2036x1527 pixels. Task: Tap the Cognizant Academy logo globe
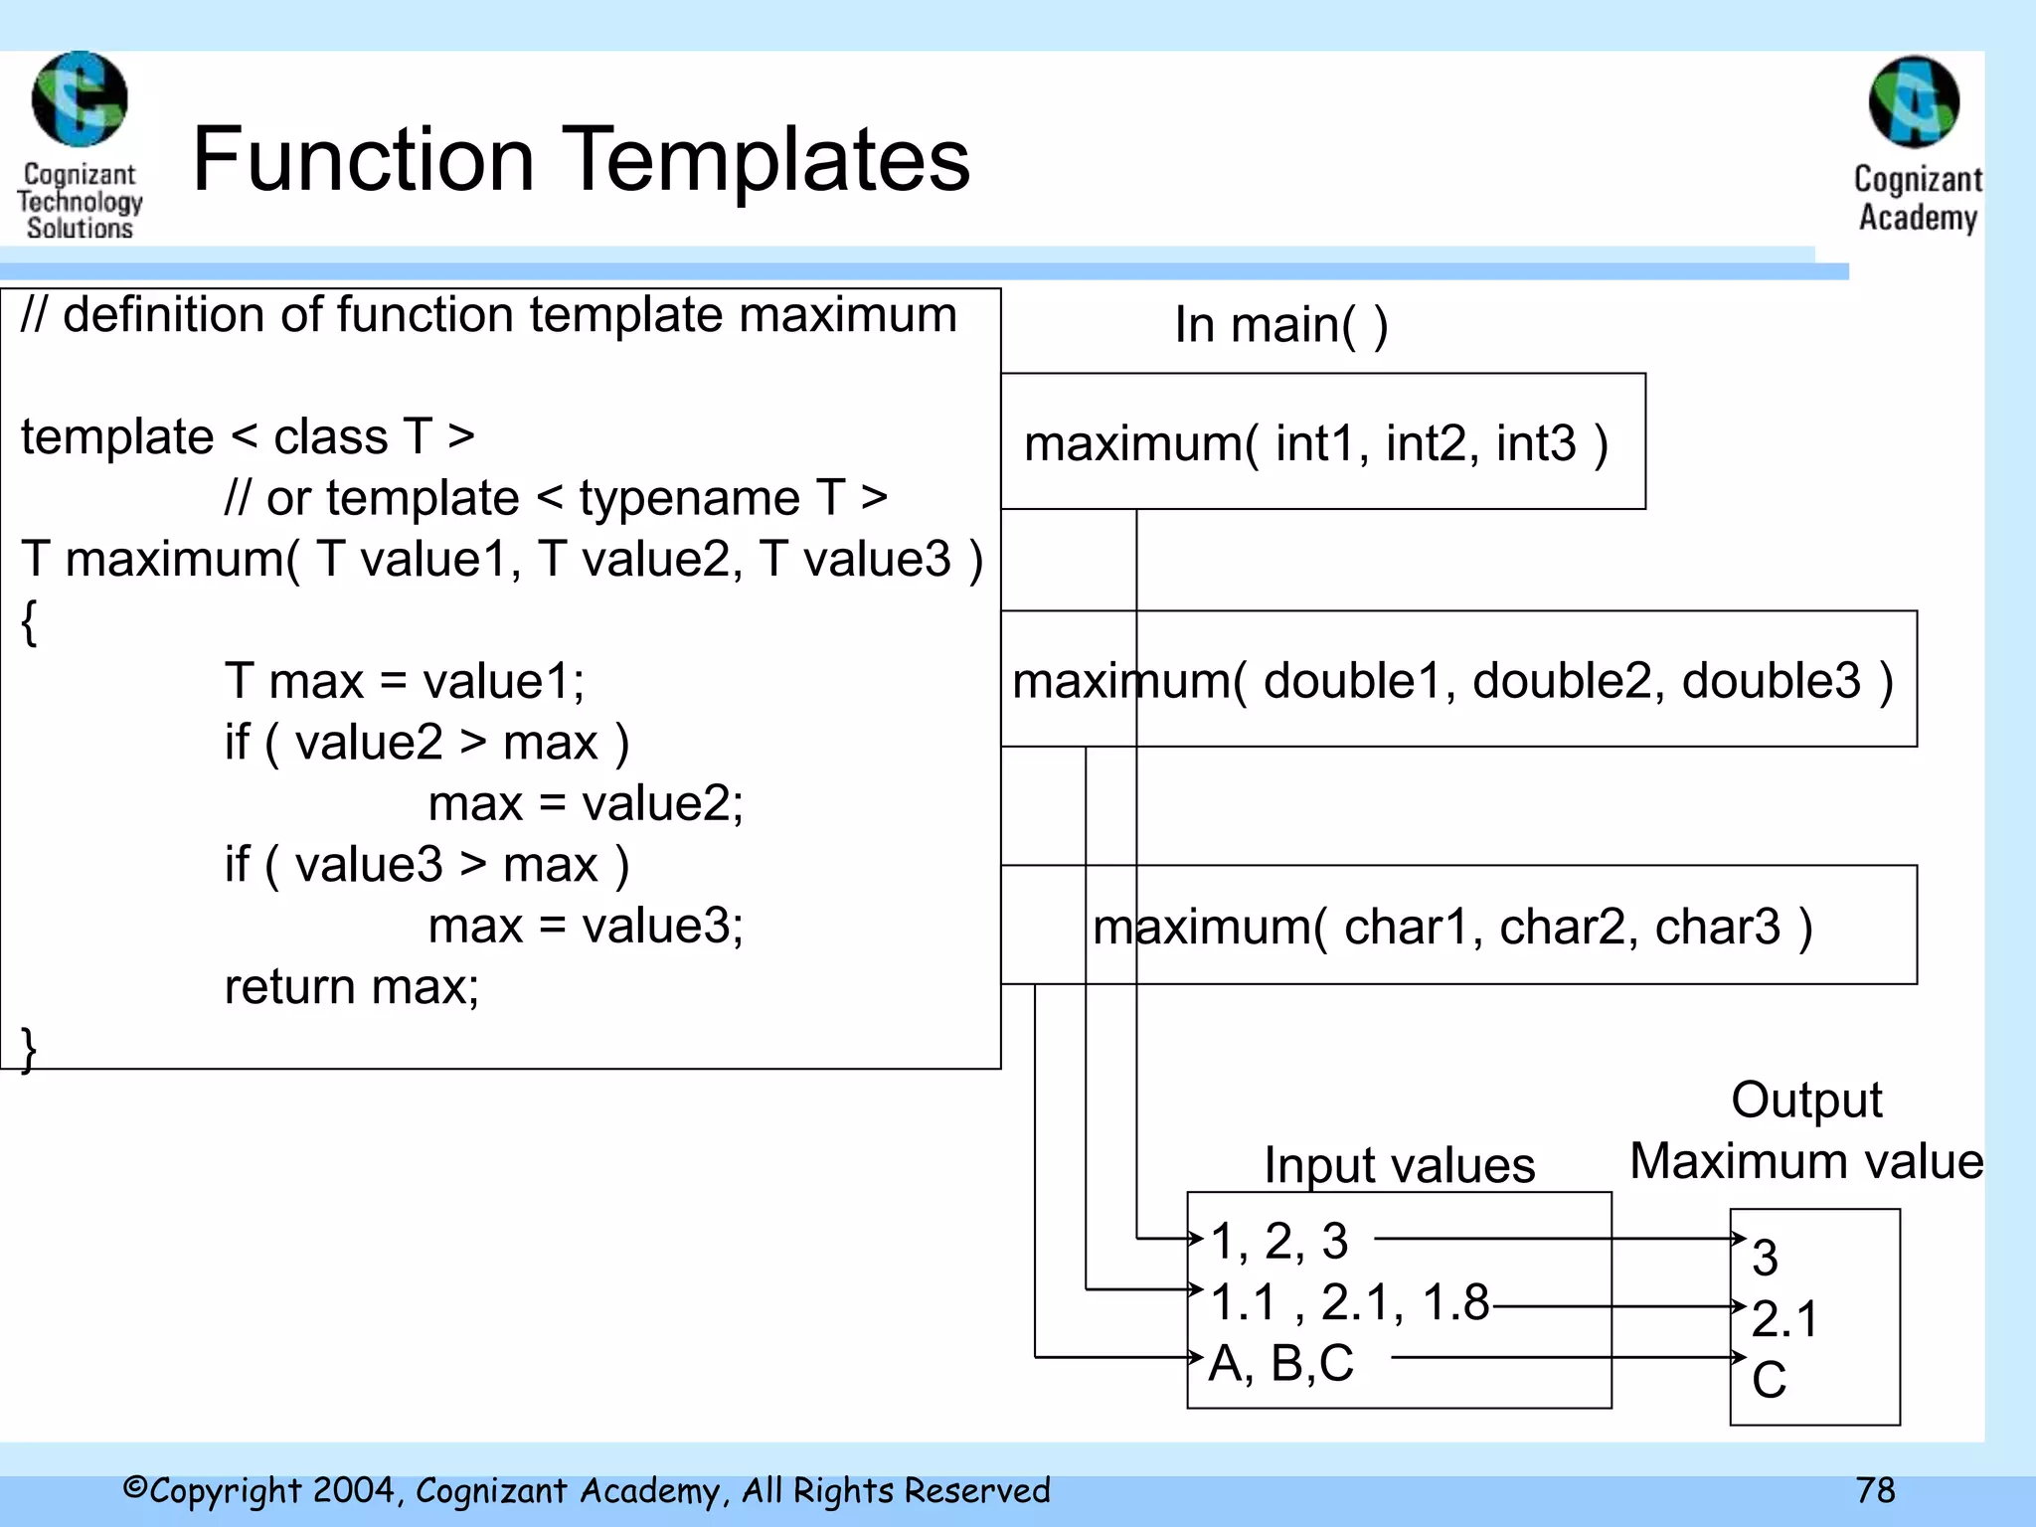1915,102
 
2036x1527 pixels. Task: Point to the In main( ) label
1281,325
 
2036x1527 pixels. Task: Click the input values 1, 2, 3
1280,1241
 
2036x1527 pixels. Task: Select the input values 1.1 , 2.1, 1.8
1350,1302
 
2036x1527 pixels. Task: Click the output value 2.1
1784,1319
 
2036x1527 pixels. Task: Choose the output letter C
1770,1380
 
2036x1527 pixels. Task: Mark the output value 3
1766,1258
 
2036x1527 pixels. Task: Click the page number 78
1875,1490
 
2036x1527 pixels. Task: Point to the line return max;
352,987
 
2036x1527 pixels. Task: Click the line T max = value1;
405,682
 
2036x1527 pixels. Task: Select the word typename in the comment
689,498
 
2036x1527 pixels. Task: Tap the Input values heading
1400,1165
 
